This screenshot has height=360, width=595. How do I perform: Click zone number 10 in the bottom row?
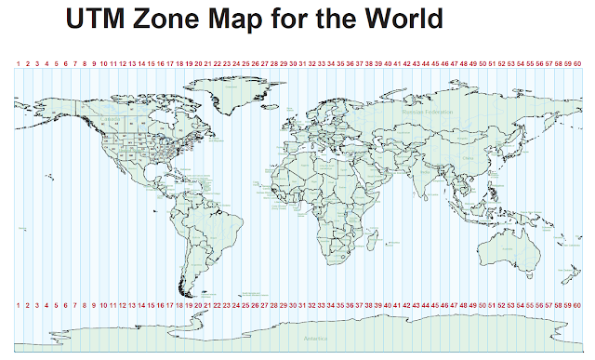pyautogui.click(x=103, y=305)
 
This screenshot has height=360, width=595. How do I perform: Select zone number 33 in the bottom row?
pyautogui.click(x=321, y=305)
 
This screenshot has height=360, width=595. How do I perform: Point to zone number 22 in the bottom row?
pyautogui.click(x=217, y=305)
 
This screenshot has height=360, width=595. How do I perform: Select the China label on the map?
pyautogui.click(x=468, y=156)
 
